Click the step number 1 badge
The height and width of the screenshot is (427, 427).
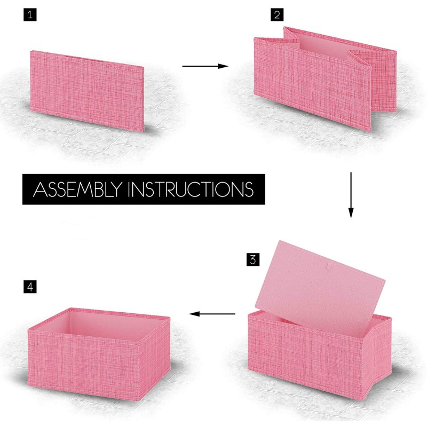coord(30,15)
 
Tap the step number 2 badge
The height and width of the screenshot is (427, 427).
coord(276,15)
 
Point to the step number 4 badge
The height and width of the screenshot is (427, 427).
coord(30,287)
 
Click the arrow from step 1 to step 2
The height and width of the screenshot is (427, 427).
coord(205,66)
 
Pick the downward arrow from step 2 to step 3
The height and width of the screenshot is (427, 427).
coord(351,195)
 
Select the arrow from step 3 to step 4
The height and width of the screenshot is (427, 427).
coord(213,314)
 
